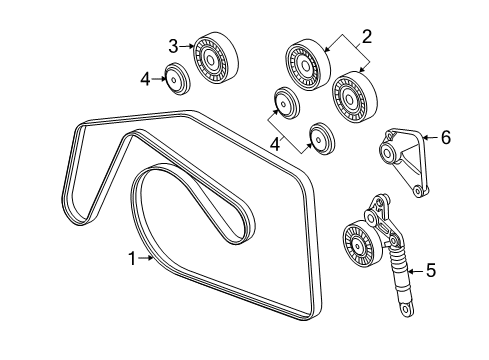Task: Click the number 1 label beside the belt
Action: (x=132, y=259)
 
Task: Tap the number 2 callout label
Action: (x=367, y=37)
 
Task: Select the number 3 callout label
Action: (x=173, y=46)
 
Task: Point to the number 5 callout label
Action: (x=431, y=270)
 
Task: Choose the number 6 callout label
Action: (x=446, y=137)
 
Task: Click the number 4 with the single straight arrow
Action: (x=145, y=79)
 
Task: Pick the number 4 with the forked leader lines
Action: (x=275, y=145)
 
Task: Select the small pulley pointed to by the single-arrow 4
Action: (x=178, y=79)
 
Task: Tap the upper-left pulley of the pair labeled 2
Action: (x=308, y=65)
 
